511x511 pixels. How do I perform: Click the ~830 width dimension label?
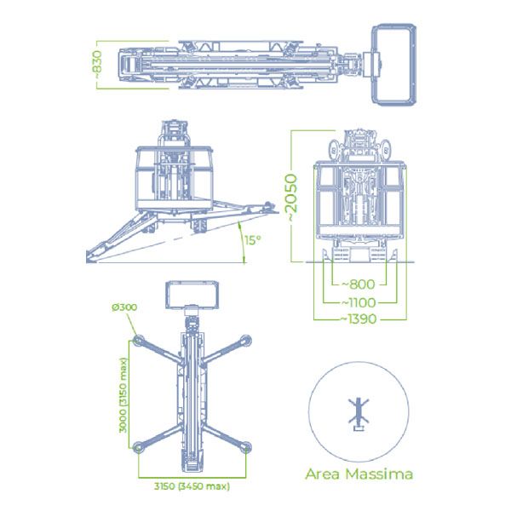tap(97, 66)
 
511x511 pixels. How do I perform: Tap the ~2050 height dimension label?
tap(291, 198)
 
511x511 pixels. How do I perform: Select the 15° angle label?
tap(253, 240)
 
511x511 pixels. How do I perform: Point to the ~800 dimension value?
tap(359, 284)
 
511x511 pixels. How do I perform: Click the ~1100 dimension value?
tap(359, 302)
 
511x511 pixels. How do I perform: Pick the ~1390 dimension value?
tap(359, 319)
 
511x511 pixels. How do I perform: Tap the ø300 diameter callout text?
tap(124, 307)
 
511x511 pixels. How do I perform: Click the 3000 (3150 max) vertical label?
tap(123, 395)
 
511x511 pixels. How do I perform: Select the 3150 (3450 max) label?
tap(192, 486)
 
